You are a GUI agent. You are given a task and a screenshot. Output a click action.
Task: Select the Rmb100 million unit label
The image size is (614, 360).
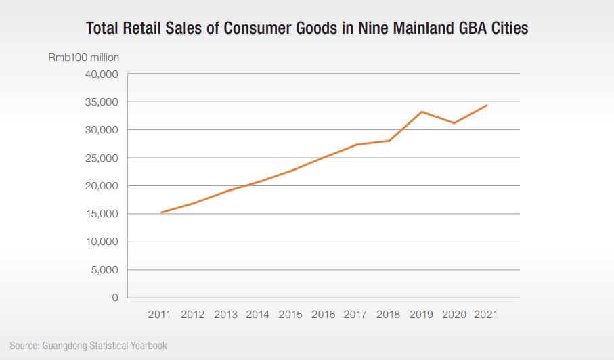[84, 58]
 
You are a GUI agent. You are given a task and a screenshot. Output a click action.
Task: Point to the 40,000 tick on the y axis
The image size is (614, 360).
[102, 74]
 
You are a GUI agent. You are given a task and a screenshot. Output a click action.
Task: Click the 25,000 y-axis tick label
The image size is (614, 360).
[102, 158]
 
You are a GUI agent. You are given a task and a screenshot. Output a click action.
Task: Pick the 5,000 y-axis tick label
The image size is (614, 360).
[105, 270]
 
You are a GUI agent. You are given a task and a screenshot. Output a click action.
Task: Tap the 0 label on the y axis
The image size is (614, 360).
[115, 298]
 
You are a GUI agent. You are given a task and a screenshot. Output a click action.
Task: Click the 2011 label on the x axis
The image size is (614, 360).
[160, 315]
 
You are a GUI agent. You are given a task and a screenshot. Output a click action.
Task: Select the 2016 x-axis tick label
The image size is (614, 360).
[324, 315]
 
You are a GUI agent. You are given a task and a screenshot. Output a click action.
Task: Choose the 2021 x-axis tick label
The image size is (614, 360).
[487, 315]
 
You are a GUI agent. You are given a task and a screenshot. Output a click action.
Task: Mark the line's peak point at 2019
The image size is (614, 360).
[422, 112]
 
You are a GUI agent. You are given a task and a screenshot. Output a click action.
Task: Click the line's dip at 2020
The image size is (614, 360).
[454, 123]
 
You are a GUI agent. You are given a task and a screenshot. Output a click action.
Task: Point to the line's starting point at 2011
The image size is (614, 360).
[161, 212]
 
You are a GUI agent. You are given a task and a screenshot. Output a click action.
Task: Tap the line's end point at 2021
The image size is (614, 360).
[487, 105]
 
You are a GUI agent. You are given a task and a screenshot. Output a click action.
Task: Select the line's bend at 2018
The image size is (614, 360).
[389, 141]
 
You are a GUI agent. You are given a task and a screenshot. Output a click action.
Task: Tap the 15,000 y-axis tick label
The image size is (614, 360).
[102, 214]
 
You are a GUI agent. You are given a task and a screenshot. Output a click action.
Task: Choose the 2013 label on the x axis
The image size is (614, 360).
[225, 315]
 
